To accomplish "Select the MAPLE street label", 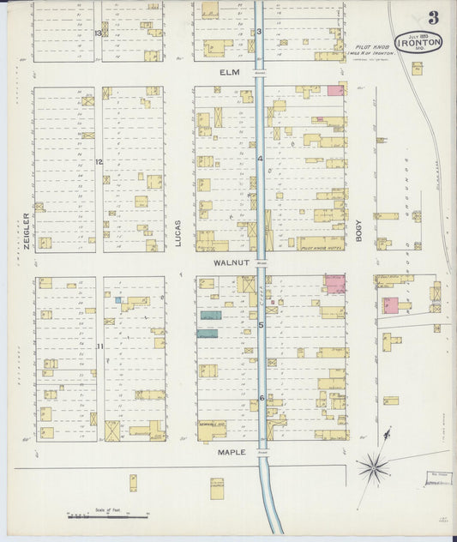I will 231,452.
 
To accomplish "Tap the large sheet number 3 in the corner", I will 434,17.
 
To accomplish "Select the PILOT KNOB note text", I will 374,50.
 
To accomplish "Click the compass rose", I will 372,468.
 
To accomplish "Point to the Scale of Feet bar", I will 108,515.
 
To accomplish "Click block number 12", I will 99,162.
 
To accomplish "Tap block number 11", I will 99,346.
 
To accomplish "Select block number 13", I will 99,33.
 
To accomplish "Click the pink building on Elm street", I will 335,90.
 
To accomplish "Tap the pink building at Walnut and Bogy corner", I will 334,285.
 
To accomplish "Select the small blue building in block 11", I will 118,299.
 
